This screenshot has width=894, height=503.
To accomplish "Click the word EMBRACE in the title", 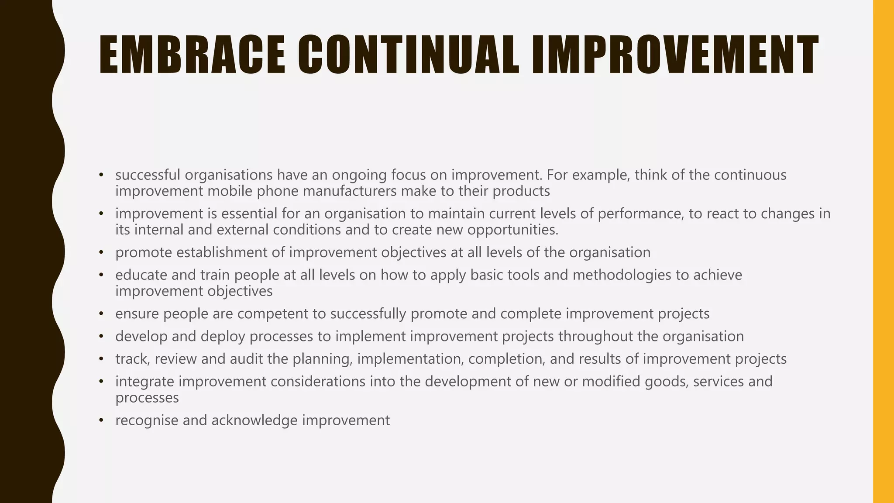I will [x=192, y=55].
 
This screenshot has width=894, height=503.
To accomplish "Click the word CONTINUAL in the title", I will [x=409, y=55].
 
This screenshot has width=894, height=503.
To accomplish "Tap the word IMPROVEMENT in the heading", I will [x=674, y=55].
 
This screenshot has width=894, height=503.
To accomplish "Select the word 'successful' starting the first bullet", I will [x=148, y=175].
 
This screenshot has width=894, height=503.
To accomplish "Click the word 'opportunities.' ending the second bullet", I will [x=513, y=230].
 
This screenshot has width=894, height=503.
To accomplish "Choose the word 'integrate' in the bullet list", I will [x=145, y=382].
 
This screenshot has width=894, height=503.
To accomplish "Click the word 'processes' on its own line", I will [x=147, y=398].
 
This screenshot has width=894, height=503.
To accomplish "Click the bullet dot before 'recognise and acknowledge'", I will [x=101, y=420].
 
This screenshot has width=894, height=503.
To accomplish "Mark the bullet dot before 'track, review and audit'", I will [x=101, y=359].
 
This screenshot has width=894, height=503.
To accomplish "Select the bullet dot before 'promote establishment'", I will [x=101, y=253].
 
